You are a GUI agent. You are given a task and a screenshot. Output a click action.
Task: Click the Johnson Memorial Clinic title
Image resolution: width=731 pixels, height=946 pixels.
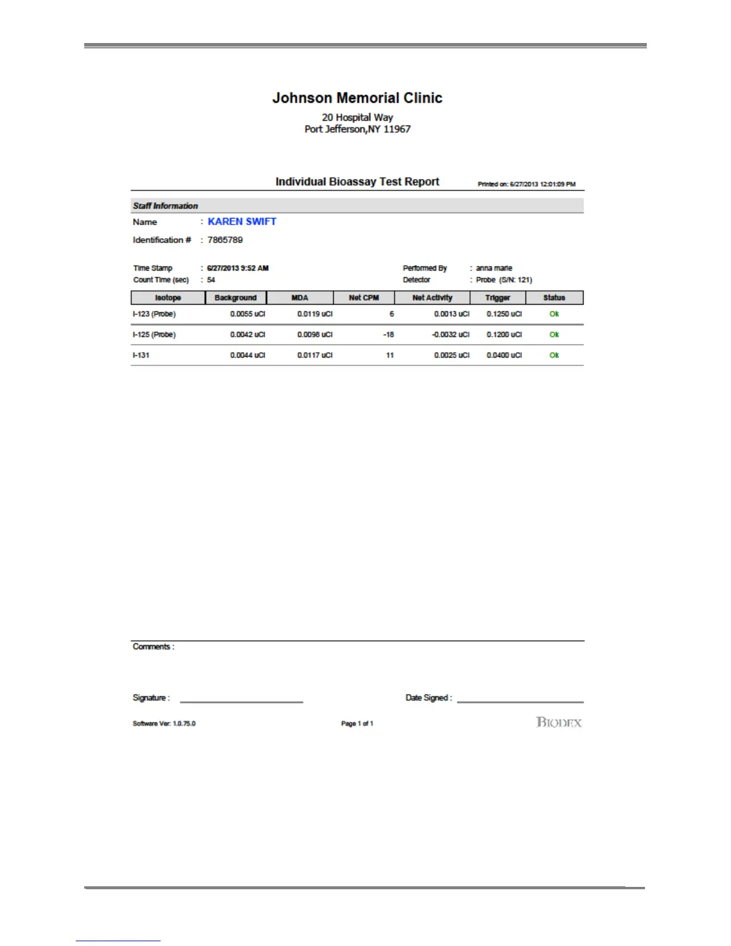click(357, 98)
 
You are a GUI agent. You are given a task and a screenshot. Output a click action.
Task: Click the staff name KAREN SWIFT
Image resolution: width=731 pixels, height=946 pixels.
click(242, 222)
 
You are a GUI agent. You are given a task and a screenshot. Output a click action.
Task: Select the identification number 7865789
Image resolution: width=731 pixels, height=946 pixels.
click(225, 240)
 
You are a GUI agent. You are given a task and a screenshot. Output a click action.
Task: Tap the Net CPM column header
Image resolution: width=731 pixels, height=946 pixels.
click(364, 297)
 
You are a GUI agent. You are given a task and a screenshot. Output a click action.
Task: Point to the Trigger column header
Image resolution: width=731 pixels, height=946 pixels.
click(497, 297)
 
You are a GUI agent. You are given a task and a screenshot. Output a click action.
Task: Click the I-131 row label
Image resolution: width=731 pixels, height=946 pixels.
click(141, 355)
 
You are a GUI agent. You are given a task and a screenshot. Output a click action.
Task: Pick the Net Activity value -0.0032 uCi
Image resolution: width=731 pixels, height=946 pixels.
click(451, 335)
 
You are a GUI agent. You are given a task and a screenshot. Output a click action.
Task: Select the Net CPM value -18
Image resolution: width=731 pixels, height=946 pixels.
click(389, 335)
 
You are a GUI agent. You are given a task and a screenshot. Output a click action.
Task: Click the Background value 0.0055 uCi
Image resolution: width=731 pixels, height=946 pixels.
click(248, 314)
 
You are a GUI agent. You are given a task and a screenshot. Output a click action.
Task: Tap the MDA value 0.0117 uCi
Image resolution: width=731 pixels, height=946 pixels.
click(315, 355)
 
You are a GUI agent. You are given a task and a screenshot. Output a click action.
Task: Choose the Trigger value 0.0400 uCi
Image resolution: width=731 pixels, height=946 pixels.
click(504, 355)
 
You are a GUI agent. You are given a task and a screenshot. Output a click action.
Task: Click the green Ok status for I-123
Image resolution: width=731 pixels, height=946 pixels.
click(554, 314)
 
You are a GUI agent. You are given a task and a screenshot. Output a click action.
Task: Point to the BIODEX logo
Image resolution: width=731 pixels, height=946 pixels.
click(559, 723)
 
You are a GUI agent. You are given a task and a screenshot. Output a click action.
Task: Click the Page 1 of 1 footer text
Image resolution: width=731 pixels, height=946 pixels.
click(357, 724)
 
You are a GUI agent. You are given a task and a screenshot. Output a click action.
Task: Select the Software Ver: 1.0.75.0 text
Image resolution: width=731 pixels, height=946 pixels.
click(164, 724)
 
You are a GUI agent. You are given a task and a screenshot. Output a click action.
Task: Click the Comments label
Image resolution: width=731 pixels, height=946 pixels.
click(153, 647)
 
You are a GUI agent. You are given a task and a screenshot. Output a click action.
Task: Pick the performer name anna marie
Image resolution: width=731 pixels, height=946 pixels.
click(494, 268)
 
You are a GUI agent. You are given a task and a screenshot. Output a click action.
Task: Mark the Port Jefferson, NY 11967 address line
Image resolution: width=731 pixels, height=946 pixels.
click(357, 129)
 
